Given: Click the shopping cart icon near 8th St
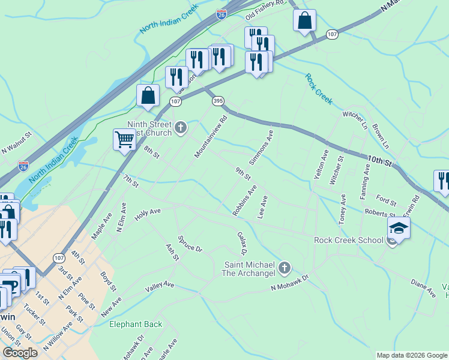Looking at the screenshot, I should [124, 140].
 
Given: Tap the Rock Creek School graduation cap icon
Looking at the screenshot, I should [399, 228].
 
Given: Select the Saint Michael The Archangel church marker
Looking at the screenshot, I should [285, 268].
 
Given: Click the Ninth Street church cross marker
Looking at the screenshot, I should [181, 127].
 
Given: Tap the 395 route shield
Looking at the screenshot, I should [217, 102].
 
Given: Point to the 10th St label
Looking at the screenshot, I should [379, 160].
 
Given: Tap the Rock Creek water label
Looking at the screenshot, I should [318, 89].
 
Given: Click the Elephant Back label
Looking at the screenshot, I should [135, 325].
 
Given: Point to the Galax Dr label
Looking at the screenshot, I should [243, 243].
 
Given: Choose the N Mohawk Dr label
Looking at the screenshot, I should [289, 284].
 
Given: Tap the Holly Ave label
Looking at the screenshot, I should [148, 215].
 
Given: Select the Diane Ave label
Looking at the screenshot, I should [423, 289].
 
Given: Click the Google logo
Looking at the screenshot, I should [20, 353].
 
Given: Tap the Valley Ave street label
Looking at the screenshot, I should [159, 287].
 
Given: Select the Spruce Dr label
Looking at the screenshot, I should [190, 240].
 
